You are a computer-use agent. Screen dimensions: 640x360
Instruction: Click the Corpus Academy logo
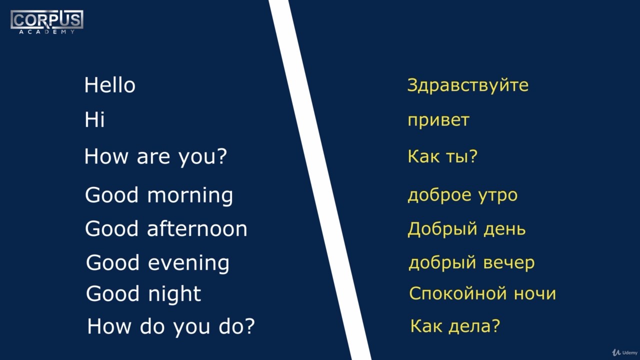47,22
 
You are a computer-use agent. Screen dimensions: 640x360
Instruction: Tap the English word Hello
109,85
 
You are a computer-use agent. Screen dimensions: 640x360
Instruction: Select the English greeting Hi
94,119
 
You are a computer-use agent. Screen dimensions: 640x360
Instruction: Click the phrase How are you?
155,157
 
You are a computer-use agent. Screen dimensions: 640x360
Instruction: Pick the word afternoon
197,228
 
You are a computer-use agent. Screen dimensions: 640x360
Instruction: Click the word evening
188,263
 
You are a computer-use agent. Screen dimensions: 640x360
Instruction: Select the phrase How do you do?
171,326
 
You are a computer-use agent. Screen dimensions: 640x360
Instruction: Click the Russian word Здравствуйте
467,85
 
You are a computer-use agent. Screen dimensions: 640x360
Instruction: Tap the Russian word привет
438,120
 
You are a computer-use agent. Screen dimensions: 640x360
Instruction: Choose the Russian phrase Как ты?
442,156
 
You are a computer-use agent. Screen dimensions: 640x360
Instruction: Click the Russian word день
504,229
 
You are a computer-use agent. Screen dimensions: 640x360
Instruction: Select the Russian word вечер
509,263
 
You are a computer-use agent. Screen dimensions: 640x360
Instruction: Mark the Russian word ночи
535,294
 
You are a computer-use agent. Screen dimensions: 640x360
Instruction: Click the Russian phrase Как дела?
455,326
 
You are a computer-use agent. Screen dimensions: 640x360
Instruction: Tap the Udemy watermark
625,352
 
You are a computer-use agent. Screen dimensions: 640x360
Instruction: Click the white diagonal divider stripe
320,180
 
